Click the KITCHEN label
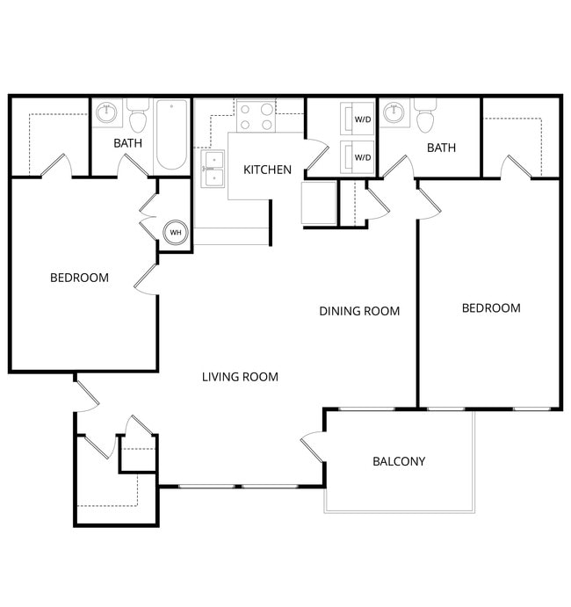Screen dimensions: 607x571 click(267, 170)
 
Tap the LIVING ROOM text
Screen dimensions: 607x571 click(240, 377)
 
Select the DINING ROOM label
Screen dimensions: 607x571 click(359, 311)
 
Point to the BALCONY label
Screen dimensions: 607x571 click(399, 461)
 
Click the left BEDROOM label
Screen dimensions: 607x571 click(79, 278)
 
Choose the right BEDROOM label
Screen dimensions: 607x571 click(491, 308)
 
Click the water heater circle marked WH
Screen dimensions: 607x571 click(176, 233)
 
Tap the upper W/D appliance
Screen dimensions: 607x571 click(358, 119)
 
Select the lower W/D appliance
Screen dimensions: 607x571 click(358, 157)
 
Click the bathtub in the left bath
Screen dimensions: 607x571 click(171, 137)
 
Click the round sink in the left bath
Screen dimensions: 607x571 click(107, 113)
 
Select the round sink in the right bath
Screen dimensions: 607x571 click(395, 113)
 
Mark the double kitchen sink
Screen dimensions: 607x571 click(213, 169)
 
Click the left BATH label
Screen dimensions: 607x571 click(128, 143)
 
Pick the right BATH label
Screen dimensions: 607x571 click(441, 148)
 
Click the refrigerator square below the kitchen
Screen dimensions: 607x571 click(318, 204)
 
